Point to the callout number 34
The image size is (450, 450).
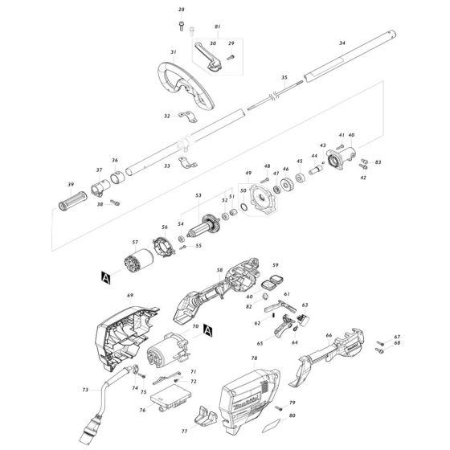pyautogui.click(x=343, y=42)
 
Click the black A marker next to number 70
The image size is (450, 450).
pyautogui.click(x=207, y=329)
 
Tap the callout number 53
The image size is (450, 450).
pyautogui.click(x=198, y=194)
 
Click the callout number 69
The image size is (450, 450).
pyautogui.click(x=129, y=296)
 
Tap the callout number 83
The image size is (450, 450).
pyautogui.click(x=378, y=162)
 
